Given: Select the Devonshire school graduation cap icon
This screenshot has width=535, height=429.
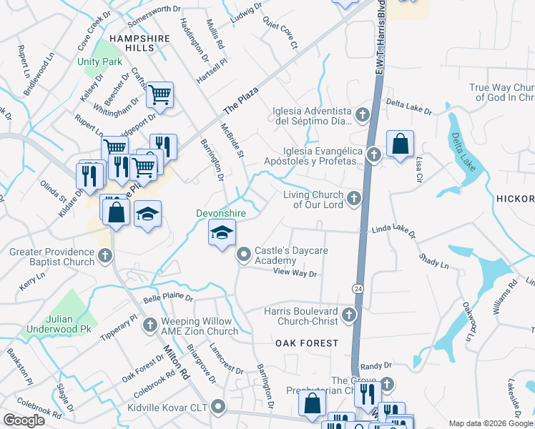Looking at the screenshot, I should pos(222,232).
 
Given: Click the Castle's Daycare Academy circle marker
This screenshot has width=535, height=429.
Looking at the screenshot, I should pos(244,254).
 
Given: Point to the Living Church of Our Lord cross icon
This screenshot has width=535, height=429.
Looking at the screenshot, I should pos(355,199).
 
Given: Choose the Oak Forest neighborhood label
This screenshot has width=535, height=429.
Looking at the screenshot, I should pos(307,343).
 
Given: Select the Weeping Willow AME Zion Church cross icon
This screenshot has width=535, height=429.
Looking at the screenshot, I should pos(150,326).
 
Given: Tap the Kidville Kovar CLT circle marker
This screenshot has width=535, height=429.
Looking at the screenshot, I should pos(218,407).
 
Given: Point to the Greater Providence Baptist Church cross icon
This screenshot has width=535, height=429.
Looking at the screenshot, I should pos(105,256).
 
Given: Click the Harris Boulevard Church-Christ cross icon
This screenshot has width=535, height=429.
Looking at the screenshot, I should pos(348,315).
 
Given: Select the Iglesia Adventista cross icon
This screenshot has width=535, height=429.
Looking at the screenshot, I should pos(363,115).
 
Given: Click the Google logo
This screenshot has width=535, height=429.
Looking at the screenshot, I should pos(24,420).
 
